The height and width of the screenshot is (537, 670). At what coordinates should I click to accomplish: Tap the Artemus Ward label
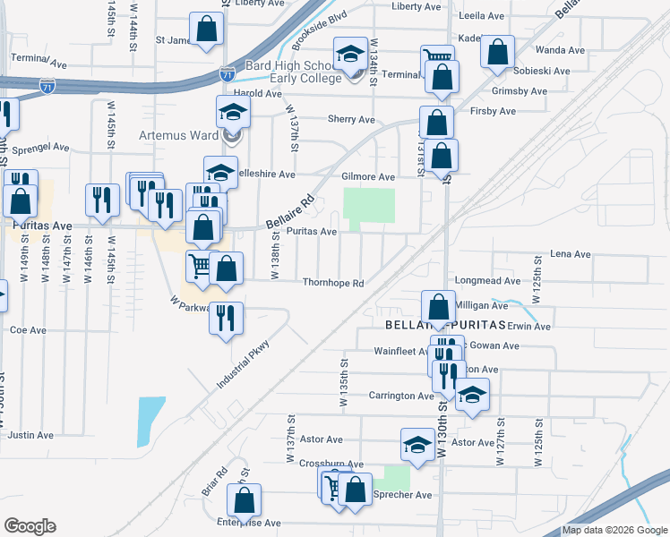pos(179,137)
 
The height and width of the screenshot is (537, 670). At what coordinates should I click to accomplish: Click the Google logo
pos(29,526)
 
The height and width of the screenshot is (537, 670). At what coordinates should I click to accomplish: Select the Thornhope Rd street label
pos(333,284)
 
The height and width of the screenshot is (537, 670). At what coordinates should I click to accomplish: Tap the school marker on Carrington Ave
pos(472,395)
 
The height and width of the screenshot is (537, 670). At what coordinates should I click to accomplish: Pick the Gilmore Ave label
pos(368,178)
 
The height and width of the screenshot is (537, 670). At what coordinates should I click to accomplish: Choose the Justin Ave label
pos(30,435)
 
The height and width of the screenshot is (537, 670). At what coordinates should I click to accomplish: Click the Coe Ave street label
pos(27,329)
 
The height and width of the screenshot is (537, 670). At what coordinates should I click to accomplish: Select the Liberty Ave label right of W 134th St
pos(417,6)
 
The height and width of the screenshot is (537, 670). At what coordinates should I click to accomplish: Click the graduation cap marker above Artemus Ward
pos(233,112)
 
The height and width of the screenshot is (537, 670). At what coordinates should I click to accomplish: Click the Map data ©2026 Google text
pos(614,530)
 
